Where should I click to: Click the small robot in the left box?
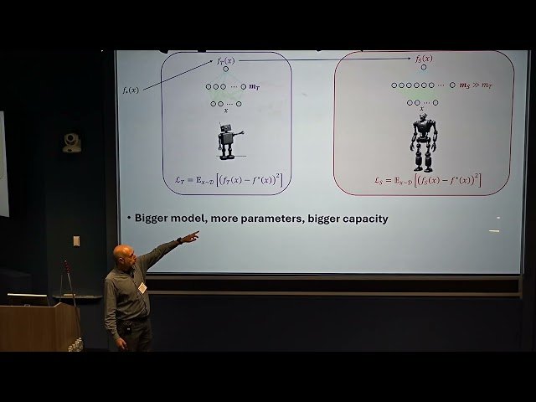click(227, 141)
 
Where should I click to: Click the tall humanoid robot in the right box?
click(423, 142)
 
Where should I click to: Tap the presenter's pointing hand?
click(190, 237)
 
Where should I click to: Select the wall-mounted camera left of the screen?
click(72, 142)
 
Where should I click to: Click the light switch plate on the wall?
click(76, 241)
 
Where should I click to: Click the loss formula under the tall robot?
click(427, 179)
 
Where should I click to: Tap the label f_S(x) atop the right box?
click(424, 59)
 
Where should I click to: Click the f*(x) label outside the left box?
click(130, 89)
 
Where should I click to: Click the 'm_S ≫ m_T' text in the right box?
click(476, 85)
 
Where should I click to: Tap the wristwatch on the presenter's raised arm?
click(178, 241)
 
